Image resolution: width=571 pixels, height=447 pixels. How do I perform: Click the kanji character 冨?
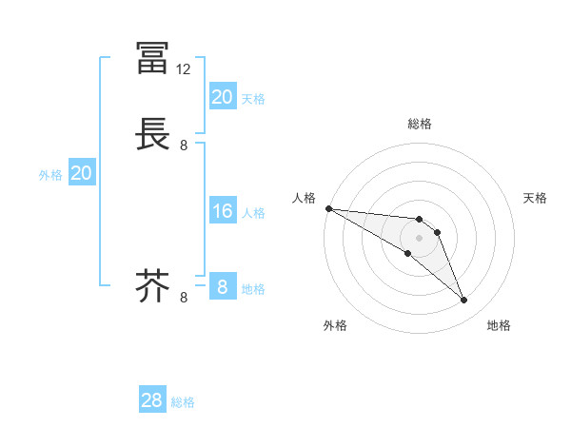click(x=152, y=58)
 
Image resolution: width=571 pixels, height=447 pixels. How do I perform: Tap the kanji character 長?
click(x=152, y=134)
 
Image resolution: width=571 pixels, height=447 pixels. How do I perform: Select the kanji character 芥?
click(x=152, y=285)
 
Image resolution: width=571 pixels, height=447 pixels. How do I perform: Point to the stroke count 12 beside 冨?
click(x=184, y=69)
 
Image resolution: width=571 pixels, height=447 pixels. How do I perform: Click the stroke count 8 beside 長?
click(x=184, y=146)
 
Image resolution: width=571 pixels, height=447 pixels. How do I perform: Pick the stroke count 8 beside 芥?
click(x=184, y=298)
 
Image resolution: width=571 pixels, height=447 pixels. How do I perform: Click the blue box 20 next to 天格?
click(x=223, y=97)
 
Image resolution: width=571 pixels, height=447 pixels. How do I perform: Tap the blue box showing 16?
click(x=223, y=211)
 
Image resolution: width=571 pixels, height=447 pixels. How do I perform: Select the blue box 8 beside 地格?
click(x=223, y=286)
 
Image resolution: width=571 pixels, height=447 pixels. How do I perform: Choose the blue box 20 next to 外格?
click(x=82, y=173)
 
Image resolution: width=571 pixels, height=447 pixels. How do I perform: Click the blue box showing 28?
click(x=152, y=400)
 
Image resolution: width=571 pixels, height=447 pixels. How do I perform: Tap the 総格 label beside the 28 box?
click(x=183, y=402)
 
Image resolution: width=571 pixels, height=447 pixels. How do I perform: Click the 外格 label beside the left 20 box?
click(x=50, y=175)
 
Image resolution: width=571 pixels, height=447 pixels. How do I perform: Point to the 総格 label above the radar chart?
click(x=420, y=124)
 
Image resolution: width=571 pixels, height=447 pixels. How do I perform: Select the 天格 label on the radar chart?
click(x=536, y=198)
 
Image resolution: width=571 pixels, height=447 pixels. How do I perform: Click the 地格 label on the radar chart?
click(x=499, y=325)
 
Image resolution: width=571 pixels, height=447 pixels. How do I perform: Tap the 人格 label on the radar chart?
click(x=304, y=198)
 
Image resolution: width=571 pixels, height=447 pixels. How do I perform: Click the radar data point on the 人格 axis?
click(x=328, y=208)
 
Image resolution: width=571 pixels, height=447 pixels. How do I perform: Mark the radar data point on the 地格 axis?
click(x=464, y=301)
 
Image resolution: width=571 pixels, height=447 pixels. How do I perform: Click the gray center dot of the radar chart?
click(x=420, y=238)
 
